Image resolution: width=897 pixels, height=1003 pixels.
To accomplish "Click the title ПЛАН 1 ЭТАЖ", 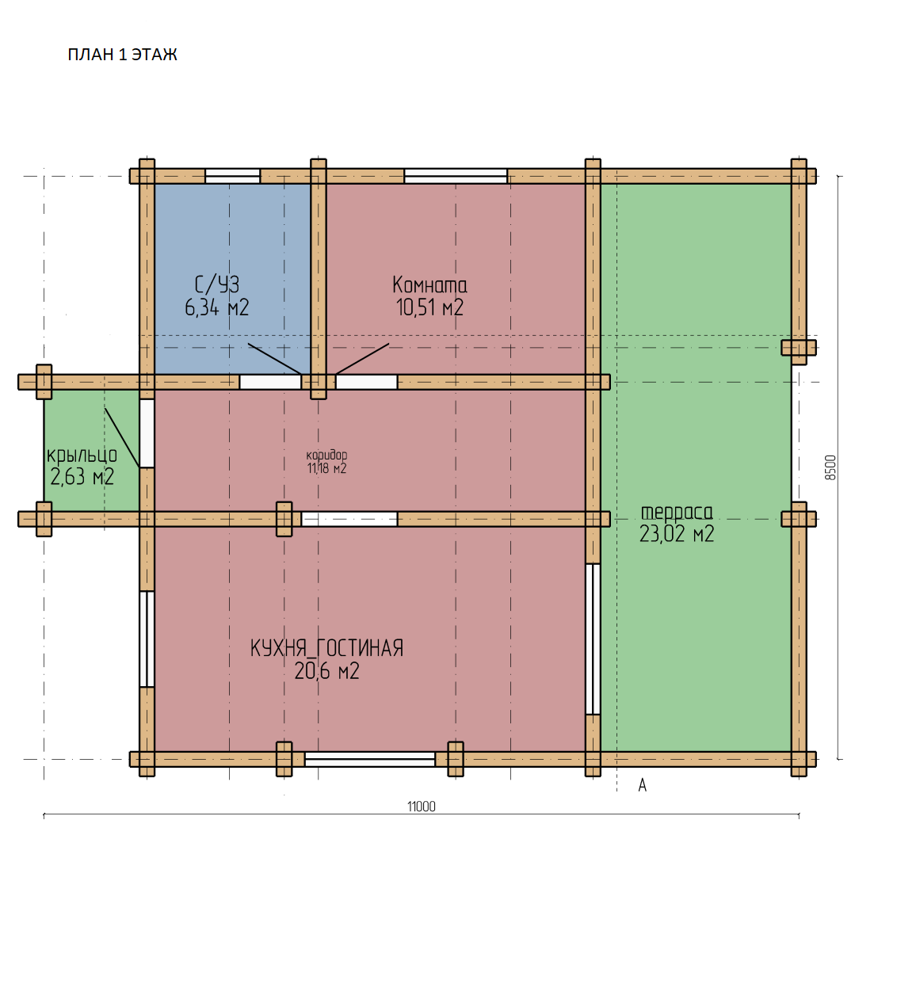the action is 122,55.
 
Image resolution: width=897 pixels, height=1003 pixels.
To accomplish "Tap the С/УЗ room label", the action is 217,284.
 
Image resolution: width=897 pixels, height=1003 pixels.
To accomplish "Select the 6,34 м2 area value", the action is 217,307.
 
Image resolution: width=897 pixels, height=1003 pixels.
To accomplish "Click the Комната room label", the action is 429,285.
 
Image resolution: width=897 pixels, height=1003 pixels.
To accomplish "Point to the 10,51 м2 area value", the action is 429,307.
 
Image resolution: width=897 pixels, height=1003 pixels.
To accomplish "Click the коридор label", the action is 327,455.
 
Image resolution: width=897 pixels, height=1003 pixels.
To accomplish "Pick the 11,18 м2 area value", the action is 327,468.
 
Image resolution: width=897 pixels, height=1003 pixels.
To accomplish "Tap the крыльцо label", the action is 82,456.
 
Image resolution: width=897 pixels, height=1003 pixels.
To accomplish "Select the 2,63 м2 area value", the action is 82,477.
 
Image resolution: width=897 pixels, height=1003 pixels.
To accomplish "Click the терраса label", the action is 677,512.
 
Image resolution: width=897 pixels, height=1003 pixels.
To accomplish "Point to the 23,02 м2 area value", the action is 677,534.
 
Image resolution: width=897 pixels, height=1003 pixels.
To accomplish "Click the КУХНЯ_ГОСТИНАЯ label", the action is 327,649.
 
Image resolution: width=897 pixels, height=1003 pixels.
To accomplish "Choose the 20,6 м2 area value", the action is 327,671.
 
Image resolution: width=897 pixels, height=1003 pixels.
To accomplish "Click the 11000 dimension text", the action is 422,807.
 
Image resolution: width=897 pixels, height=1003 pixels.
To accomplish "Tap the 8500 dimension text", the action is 830,468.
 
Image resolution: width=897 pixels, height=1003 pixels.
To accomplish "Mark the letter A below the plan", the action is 643,785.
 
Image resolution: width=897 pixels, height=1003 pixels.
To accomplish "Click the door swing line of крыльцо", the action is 122,438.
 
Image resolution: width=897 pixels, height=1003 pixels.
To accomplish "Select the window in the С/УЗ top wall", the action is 233,176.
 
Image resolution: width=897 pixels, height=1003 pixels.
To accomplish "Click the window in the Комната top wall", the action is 456,176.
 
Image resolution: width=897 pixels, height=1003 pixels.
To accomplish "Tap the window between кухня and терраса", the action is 593,639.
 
